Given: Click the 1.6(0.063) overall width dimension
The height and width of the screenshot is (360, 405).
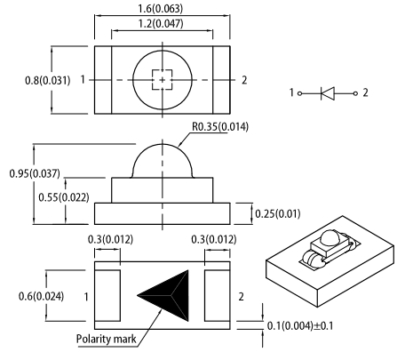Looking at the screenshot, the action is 161,8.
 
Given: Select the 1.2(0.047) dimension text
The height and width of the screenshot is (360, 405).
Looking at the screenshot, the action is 161,23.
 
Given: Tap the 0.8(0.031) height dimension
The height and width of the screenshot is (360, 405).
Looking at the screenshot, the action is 48,80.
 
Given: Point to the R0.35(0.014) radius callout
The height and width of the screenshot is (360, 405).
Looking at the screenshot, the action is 220,127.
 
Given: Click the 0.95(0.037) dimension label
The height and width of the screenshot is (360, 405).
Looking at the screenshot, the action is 35,173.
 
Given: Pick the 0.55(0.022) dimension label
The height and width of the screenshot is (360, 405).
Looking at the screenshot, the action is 64,197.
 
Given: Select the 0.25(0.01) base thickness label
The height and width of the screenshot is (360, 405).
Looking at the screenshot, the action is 278,213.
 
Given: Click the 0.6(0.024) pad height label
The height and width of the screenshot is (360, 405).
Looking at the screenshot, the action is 41,296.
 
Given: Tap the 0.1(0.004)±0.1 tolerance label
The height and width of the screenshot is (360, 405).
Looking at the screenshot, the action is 300,326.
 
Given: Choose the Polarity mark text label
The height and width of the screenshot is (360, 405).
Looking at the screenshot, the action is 107,339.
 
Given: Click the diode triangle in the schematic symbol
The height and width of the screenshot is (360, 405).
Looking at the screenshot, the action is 328,93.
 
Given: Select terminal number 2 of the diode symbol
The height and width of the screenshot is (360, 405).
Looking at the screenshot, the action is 365,92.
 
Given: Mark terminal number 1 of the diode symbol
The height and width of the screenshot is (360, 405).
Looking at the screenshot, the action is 291,92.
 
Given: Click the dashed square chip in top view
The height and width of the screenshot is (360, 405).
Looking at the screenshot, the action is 163,80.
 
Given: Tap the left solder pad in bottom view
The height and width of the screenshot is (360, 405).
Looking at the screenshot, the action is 107,295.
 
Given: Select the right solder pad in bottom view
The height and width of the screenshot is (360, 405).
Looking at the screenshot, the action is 218,295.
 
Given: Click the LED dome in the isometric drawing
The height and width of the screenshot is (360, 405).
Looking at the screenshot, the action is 330,238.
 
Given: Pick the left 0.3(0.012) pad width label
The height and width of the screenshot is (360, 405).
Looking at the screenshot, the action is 110,239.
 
